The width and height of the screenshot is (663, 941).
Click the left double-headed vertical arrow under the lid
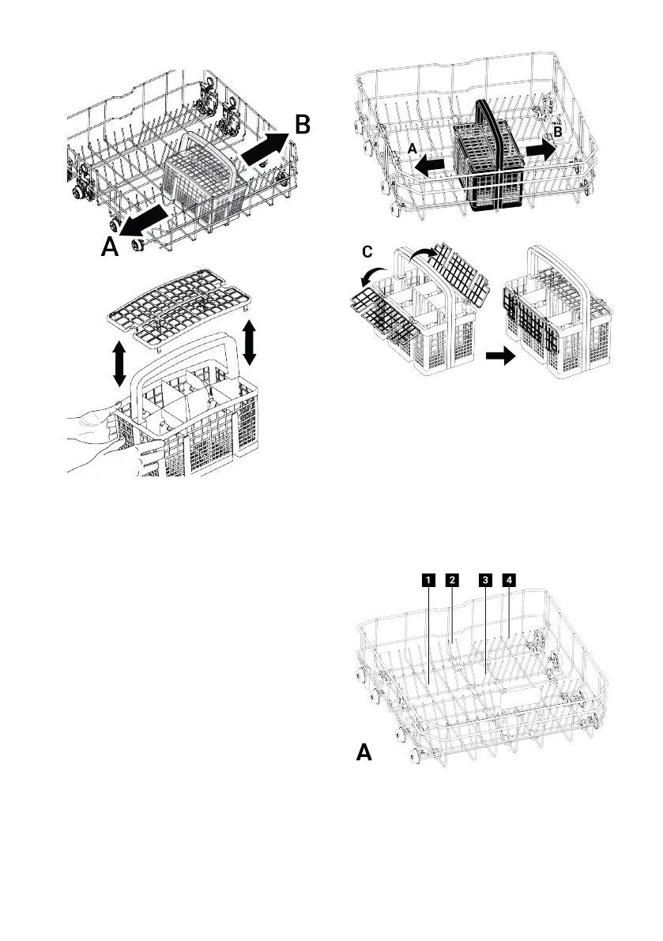tap(119, 364)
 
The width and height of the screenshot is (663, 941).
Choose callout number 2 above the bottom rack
tap(452, 580)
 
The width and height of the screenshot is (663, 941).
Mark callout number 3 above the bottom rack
tap(485, 580)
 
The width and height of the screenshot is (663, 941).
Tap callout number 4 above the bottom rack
tap(510, 580)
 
